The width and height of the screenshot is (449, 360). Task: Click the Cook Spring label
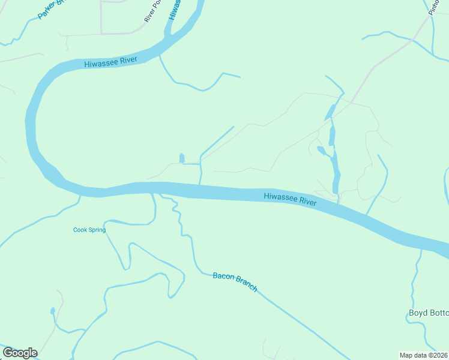[x=89, y=230]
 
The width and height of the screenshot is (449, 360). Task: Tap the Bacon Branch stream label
[x=235, y=282]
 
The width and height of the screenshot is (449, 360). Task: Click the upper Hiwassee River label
[x=111, y=62]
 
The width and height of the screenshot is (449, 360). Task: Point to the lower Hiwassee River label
[x=291, y=199]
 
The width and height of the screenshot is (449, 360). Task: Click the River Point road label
[x=154, y=11]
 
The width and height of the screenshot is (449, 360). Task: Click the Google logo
[x=20, y=353]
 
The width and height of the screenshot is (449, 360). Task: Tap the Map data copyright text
[x=423, y=355]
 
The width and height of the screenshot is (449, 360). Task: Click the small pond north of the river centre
[x=181, y=158]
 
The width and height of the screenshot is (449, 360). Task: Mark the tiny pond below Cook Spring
[x=53, y=311]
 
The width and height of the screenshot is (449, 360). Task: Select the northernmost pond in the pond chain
[x=330, y=112]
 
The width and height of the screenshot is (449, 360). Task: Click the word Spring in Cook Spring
[x=97, y=230]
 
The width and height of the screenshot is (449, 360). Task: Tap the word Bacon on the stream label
[x=221, y=277]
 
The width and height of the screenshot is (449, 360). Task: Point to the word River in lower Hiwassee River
[x=307, y=202]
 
